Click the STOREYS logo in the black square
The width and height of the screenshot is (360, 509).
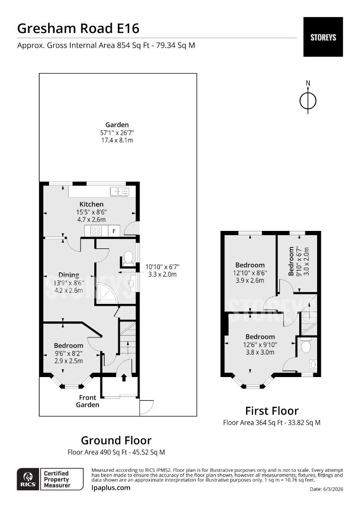pos(323,37)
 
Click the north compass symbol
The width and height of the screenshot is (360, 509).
pos(308,100)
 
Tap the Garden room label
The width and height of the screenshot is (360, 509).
pos(117,125)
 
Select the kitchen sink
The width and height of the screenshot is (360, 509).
pos(119,191)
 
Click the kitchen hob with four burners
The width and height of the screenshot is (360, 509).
pos(96,231)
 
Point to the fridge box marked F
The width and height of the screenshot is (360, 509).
pos(114,231)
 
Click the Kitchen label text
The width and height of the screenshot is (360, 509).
pos(91,204)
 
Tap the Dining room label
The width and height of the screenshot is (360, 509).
pos(69,275)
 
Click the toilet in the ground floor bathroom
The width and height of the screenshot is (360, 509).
pos(128,257)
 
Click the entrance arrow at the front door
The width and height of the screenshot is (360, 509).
pos(124,378)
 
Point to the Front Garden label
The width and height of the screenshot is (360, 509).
pos(88,401)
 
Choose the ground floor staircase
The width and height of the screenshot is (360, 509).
pos(127,339)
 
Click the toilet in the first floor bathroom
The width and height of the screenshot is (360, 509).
pos(305,347)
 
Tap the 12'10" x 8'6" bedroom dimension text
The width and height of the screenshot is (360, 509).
pos(250,273)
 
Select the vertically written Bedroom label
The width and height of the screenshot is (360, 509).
pos(291,261)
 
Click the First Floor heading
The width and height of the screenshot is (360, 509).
pos(271,410)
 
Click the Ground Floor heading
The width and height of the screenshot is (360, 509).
pos(116,440)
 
